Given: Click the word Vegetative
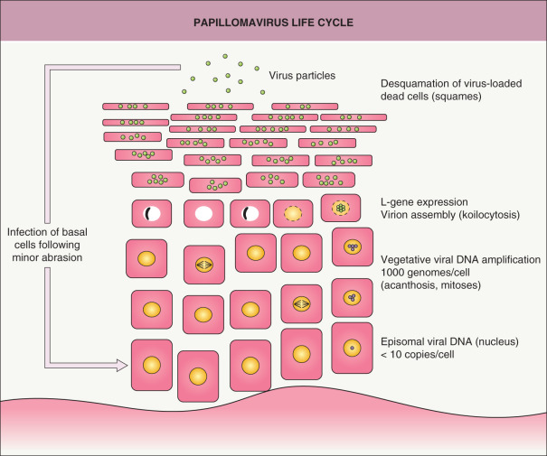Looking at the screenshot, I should point(410,259).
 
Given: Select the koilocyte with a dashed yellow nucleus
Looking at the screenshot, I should point(292,213).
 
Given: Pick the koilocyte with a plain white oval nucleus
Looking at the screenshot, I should point(203,214).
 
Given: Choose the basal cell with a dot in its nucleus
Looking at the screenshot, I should point(348,346).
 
